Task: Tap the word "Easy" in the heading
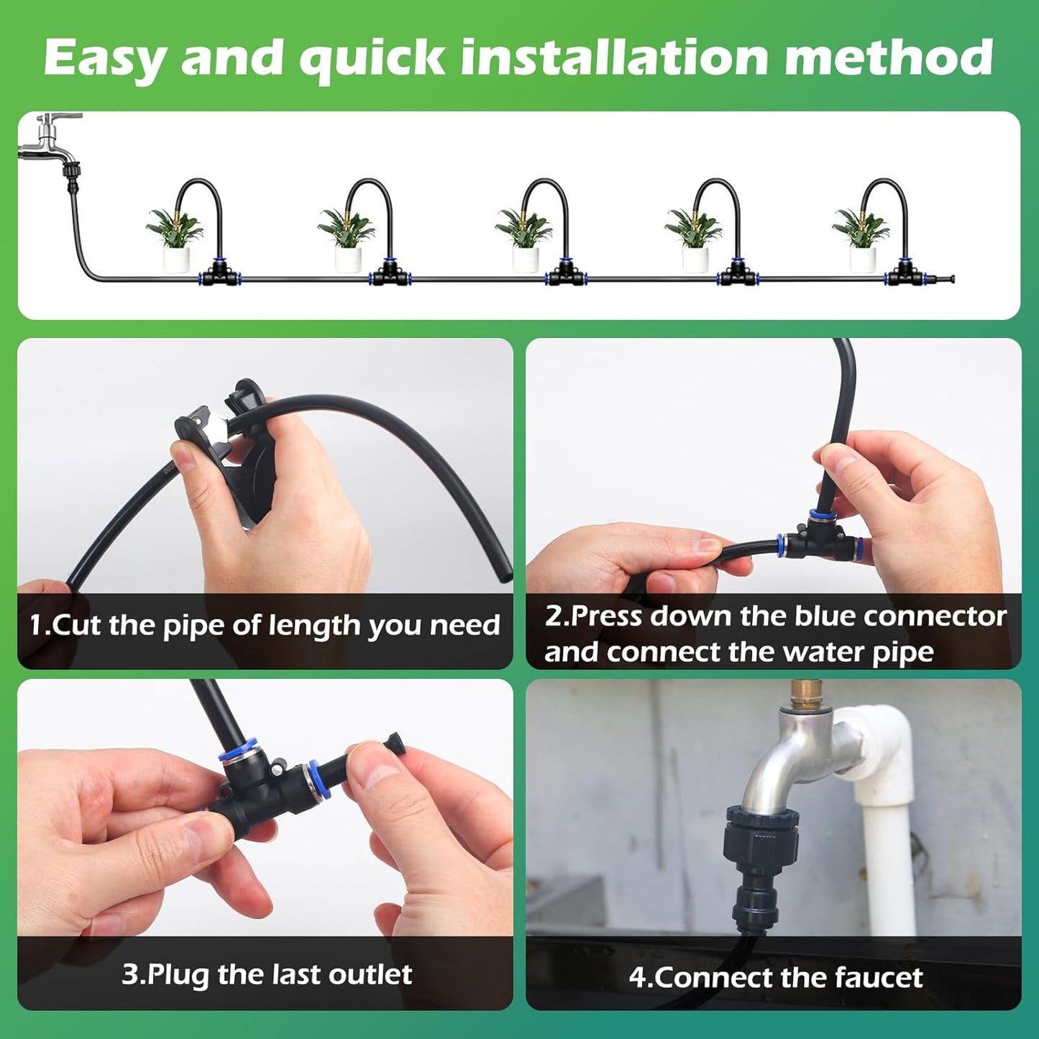click(105, 59)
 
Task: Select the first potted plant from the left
click(175, 237)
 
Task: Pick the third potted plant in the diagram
click(524, 237)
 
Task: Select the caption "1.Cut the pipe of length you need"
click(264, 626)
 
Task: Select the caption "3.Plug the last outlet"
click(267, 974)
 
